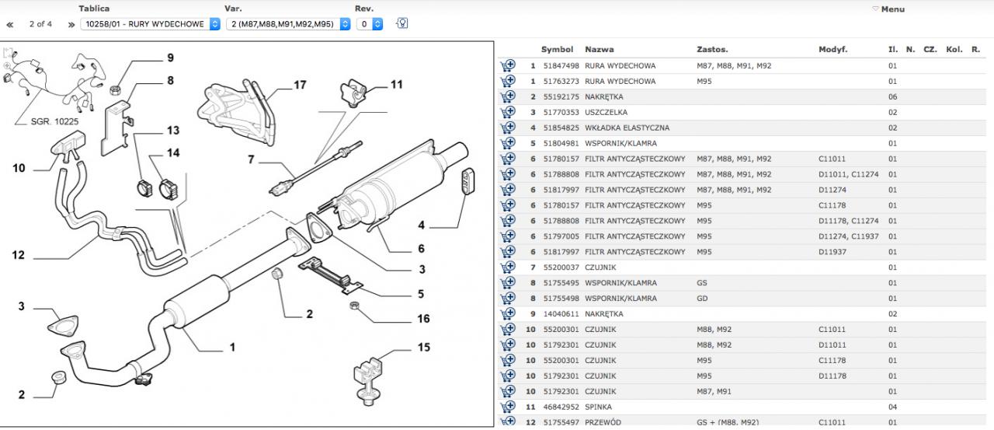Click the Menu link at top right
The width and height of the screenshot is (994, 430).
tap(891, 9)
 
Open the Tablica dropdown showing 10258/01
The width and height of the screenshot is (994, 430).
tap(150, 24)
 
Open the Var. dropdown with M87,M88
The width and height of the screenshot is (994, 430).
tap(283, 24)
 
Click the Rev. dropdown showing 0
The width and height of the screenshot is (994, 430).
tap(370, 24)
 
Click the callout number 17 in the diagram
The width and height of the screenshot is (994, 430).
tap(300, 85)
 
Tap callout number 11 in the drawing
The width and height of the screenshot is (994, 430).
tap(397, 84)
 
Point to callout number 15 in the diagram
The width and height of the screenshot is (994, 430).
tap(423, 347)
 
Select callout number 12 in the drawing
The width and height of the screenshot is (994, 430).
tap(19, 254)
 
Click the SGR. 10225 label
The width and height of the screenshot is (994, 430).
tap(55, 121)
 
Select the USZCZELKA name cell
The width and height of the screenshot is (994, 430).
tap(606, 113)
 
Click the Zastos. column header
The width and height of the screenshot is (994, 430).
tap(712, 50)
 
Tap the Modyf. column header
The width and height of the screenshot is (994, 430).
tap(832, 50)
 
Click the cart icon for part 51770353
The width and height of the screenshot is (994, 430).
tap(508, 113)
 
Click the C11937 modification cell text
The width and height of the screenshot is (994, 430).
tap(865, 236)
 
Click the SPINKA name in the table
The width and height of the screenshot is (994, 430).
tap(598, 407)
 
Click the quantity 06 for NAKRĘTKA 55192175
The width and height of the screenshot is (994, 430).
tap(892, 97)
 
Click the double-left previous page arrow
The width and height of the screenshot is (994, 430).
tap(10, 24)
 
